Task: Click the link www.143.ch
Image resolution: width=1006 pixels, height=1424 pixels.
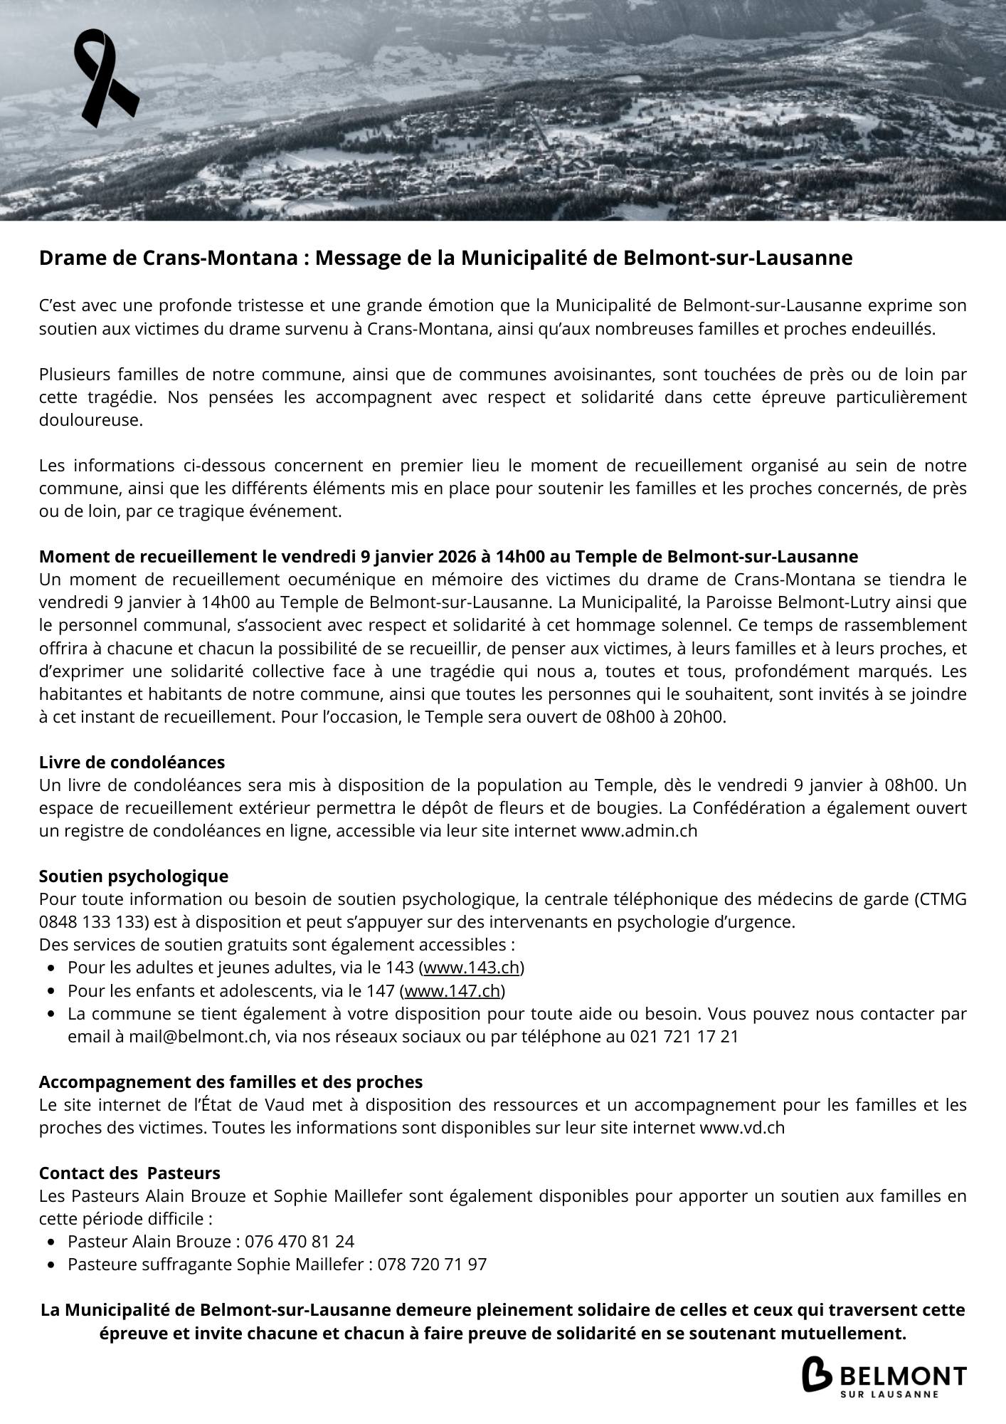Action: coord(472,968)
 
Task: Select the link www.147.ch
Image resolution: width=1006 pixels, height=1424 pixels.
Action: coord(452,990)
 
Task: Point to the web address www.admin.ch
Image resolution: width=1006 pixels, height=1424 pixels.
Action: coord(639,830)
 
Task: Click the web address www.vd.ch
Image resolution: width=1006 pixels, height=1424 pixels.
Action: coord(742,1128)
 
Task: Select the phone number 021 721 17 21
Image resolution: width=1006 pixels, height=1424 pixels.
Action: coord(684,1036)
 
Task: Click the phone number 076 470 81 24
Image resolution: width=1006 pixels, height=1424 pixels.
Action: coord(300,1241)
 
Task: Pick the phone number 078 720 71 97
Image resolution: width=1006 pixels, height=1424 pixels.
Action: coord(432,1264)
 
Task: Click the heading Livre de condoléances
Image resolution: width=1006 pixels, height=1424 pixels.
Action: coord(132,762)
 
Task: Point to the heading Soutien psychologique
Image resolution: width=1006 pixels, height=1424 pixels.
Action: coord(134,876)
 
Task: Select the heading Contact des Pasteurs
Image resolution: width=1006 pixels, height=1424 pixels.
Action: coord(129,1173)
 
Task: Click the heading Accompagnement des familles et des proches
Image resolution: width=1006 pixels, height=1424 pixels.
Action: coord(231,1082)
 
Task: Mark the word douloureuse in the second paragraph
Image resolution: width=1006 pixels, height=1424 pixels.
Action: coord(90,420)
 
